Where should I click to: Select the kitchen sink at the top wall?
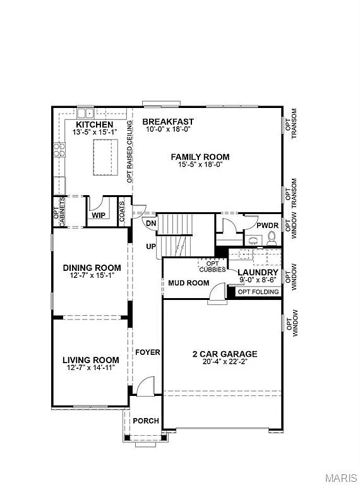(x=85, y=113)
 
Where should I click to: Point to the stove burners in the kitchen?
(x=59, y=150)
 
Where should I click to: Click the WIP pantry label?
(x=98, y=215)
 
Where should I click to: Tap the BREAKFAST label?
(x=167, y=121)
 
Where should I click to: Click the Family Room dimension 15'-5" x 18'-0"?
(x=200, y=164)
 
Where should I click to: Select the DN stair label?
(x=151, y=224)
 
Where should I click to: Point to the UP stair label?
(x=151, y=246)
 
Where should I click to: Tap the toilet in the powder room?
(x=272, y=237)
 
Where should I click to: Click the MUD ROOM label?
(x=188, y=283)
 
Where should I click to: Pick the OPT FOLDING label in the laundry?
(x=258, y=291)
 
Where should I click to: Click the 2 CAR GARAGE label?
(x=225, y=354)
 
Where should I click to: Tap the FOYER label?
(x=147, y=352)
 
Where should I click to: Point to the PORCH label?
(x=145, y=421)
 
